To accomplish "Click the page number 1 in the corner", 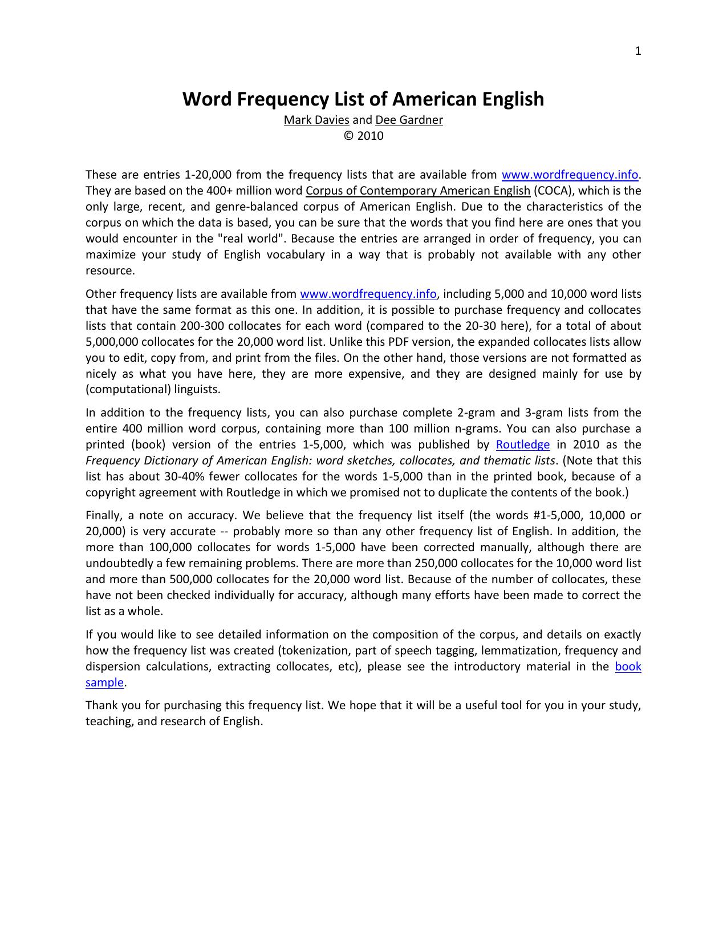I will point(638,51).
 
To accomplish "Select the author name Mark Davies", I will point(316,120).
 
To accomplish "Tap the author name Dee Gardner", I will point(409,120).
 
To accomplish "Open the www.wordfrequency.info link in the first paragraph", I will point(569,175).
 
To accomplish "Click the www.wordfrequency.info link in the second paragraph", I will point(368,294).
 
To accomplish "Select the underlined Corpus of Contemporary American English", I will point(418,191).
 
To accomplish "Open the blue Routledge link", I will point(522,444).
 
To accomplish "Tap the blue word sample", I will point(104,682).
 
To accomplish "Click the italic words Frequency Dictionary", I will point(149,460).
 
